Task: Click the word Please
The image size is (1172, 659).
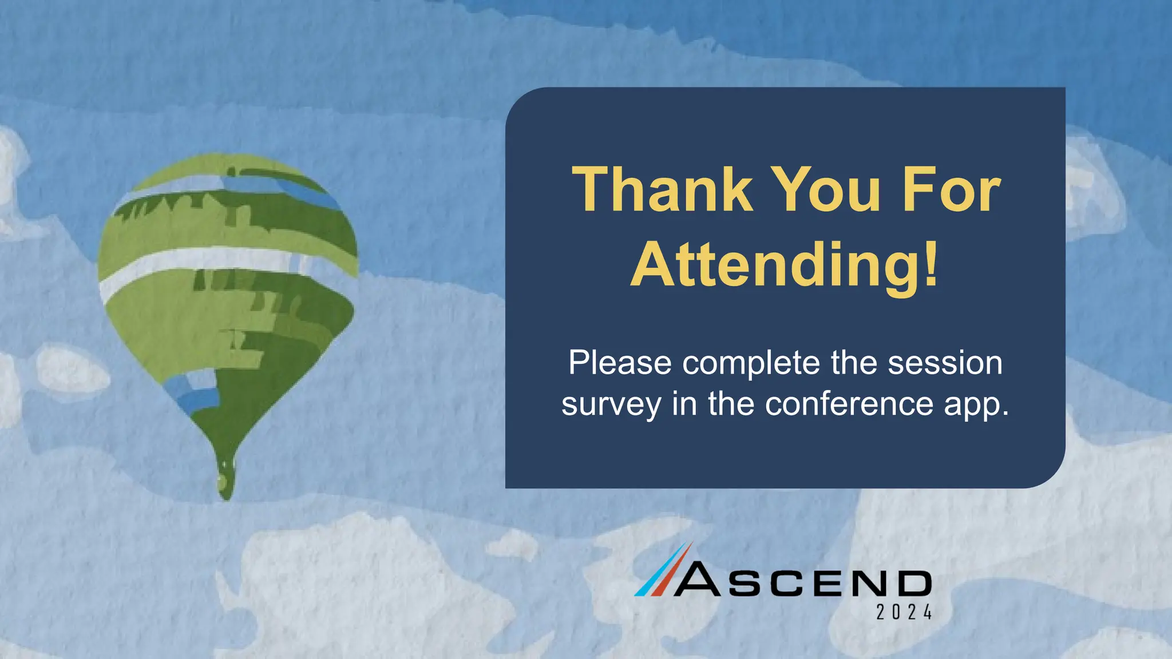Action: pos(620,363)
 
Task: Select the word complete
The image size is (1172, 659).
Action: pos(751,363)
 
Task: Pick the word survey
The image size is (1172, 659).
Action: pos(611,404)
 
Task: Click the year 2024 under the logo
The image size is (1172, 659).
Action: pos(904,613)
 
